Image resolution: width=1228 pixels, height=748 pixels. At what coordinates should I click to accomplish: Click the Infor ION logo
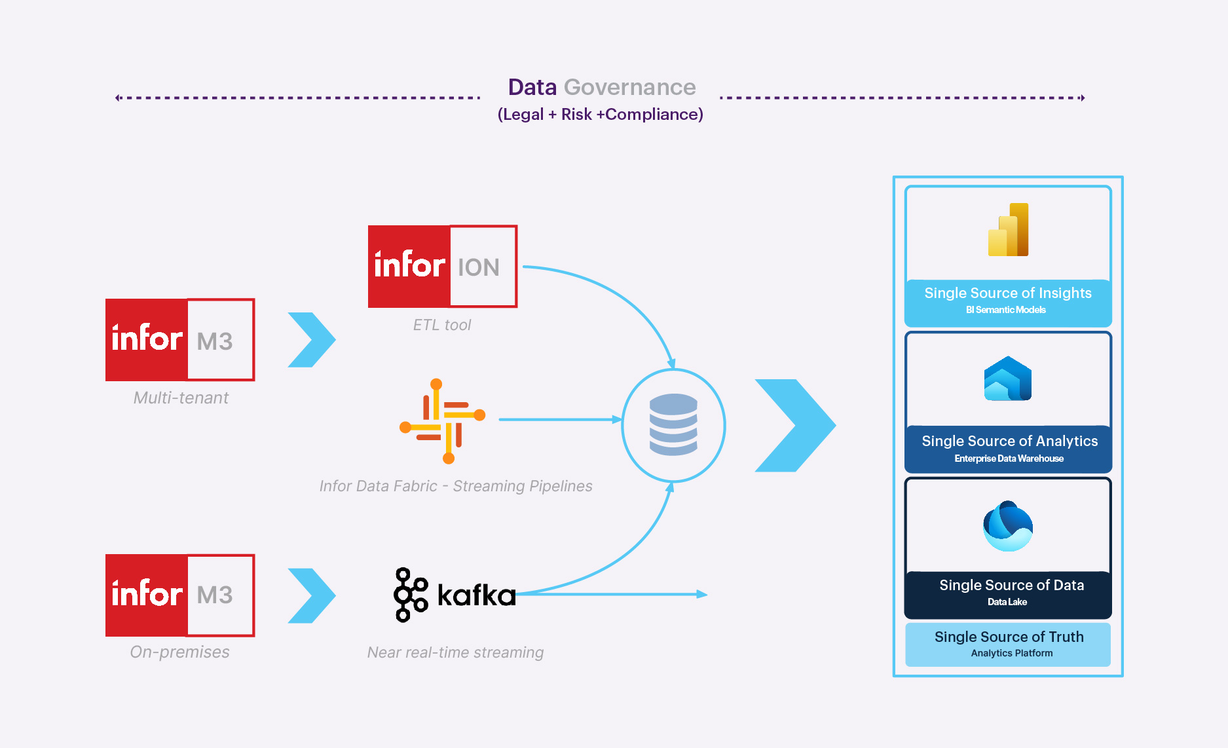(x=442, y=266)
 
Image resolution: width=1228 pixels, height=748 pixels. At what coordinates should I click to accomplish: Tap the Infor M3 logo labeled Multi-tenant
(x=180, y=339)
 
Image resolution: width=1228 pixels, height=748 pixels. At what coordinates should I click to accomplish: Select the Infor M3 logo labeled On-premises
(x=180, y=595)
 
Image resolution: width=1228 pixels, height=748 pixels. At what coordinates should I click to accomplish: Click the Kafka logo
(x=455, y=595)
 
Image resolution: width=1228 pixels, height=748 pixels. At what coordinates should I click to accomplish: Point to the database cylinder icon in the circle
(x=673, y=424)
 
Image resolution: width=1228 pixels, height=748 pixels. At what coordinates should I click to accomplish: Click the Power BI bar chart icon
(x=1009, y=230)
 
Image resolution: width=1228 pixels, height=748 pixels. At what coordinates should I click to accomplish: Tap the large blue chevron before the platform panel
(x=794, y=425)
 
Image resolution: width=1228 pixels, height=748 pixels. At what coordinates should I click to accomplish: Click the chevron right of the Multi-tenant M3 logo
(x=312, y=339)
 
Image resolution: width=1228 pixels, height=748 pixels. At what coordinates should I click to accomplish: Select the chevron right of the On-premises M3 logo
(x=312, y=595)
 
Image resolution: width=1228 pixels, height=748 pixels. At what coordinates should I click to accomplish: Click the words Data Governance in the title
(x=601, y=87)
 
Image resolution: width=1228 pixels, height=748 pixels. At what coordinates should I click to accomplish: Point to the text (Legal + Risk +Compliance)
(x=600, y=115)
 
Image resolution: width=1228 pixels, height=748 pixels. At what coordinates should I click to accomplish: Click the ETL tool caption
(x=442, y=325)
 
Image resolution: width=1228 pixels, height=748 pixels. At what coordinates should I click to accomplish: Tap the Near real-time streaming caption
(x=455, y=652)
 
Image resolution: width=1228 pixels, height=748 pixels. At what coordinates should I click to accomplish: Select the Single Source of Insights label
(x=1007, y=293)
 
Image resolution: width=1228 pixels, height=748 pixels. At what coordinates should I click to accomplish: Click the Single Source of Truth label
(x=1009, y=637)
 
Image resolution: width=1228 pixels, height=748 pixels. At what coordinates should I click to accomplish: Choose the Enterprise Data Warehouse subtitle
(x=1009, y=458)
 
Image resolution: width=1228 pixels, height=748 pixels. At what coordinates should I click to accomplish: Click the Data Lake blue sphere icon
(x=1008, y=526)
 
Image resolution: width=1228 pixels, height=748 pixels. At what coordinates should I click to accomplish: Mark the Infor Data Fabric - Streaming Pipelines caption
(x=456, y=486)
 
